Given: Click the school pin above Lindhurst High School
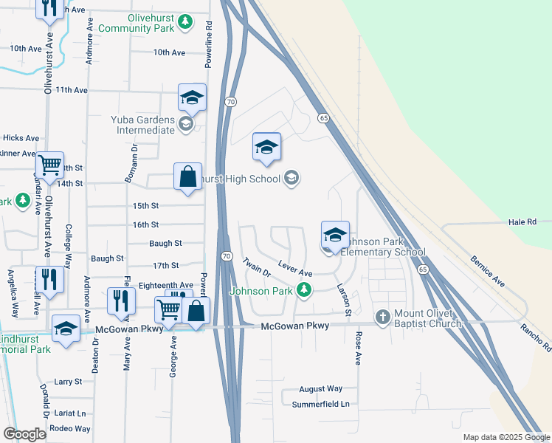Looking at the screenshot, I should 266,147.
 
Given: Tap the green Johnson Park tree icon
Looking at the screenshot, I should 303,290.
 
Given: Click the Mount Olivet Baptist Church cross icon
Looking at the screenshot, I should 382,317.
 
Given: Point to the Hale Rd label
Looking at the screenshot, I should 521,221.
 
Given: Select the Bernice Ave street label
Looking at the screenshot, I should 488,271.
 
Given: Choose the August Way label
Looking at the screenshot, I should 321,388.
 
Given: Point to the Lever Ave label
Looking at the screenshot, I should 294,268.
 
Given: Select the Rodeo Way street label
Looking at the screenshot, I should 69,428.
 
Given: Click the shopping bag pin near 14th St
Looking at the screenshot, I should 187,177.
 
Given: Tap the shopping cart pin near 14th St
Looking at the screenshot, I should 50,166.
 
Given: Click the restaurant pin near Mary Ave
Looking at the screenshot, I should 121,301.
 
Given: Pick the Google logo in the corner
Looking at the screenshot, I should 24,434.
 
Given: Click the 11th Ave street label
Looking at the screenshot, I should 72,90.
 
